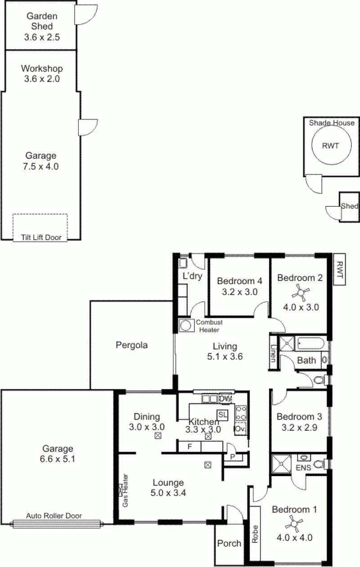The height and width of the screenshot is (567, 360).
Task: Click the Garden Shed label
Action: (x=39, y=21)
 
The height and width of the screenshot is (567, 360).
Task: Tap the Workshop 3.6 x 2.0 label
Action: (x=41, y=74)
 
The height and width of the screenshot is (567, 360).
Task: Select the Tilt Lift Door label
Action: (x=40, y=237)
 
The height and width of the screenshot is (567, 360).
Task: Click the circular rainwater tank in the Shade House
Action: (x=329, y=145)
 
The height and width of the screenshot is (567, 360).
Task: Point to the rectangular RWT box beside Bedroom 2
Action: (x=339, y=270)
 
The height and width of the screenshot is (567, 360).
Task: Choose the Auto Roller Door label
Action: (x=54, y=516)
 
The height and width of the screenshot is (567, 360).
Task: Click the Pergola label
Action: (x=132, y=345)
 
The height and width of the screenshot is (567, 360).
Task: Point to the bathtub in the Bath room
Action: (x=309, y=344)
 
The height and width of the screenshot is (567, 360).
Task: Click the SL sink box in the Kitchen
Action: (x=222, y=414)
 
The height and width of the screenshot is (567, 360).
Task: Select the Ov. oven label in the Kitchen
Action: (x=240, y=429)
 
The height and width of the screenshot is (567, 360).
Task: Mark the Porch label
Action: (x=229, y=543)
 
